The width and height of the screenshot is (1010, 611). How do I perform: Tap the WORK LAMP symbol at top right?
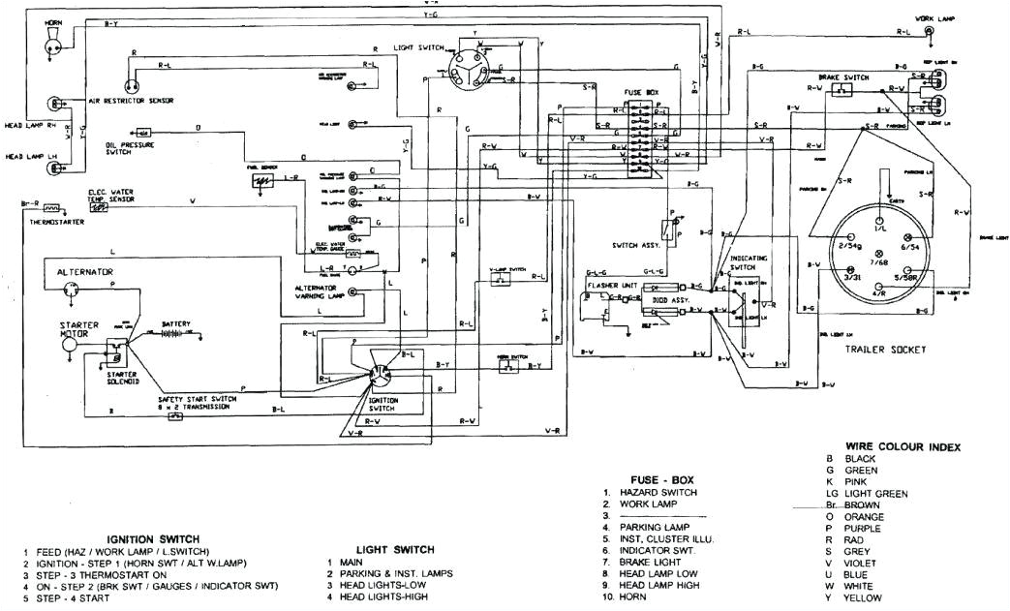930,32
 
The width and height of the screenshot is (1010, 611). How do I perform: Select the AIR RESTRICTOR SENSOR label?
130,101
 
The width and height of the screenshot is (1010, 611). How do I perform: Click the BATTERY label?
176,323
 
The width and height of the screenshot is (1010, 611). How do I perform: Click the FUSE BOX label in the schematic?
639,92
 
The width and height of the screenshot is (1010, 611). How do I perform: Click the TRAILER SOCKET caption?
884,349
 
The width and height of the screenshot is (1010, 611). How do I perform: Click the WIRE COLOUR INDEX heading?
903,446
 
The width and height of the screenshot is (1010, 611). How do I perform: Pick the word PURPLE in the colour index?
864,530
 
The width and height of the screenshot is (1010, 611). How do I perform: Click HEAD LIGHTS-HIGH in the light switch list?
382,596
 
